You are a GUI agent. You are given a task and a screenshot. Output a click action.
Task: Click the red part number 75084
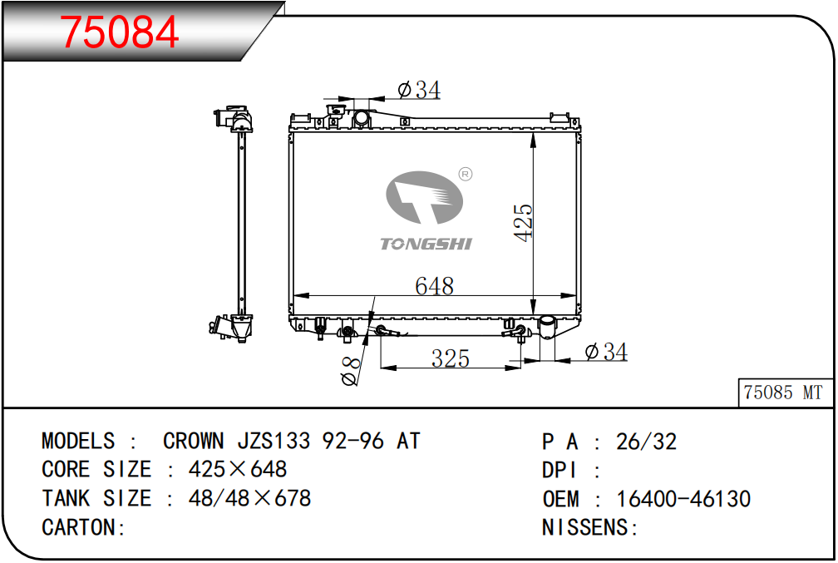119,32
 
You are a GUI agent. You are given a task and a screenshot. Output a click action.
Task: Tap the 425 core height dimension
524,222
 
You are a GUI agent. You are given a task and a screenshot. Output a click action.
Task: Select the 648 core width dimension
435,286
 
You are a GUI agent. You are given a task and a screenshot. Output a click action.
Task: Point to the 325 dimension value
451,358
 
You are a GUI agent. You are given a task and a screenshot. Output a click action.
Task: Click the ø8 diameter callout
351,371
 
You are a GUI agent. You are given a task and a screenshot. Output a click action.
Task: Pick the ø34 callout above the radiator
420,90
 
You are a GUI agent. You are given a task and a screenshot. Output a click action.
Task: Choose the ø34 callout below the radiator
606,352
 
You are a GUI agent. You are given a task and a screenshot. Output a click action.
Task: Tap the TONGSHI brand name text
426,244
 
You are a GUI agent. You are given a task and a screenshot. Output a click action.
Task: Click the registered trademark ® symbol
466,175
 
